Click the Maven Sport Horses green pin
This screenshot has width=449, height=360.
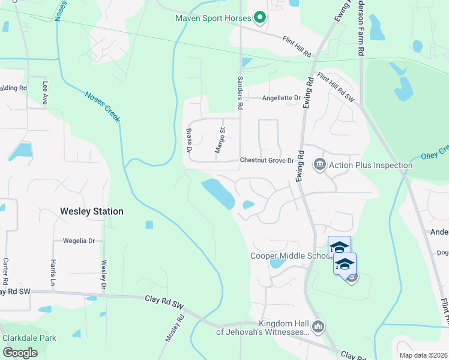click(x=260, y=19)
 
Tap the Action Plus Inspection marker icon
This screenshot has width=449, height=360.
click(x=319, y=164)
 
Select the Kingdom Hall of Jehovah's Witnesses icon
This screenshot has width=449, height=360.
click(x=318, y=327)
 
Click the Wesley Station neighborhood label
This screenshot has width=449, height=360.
click(x=92, y=211)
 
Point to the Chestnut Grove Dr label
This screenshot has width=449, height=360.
click(x=267, y=160)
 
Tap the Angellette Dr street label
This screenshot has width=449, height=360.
click(x=280, y=98)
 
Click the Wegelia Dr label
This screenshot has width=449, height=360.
click(x=79, y=241)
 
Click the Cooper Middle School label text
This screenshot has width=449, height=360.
click(x=289, y=256)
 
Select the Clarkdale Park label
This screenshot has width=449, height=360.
click(x=29, y=338)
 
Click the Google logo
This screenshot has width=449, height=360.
click(x=20, y=353)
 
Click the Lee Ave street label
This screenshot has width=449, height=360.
click(x=44, y=92)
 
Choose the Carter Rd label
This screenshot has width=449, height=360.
click(x=5, y=271)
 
